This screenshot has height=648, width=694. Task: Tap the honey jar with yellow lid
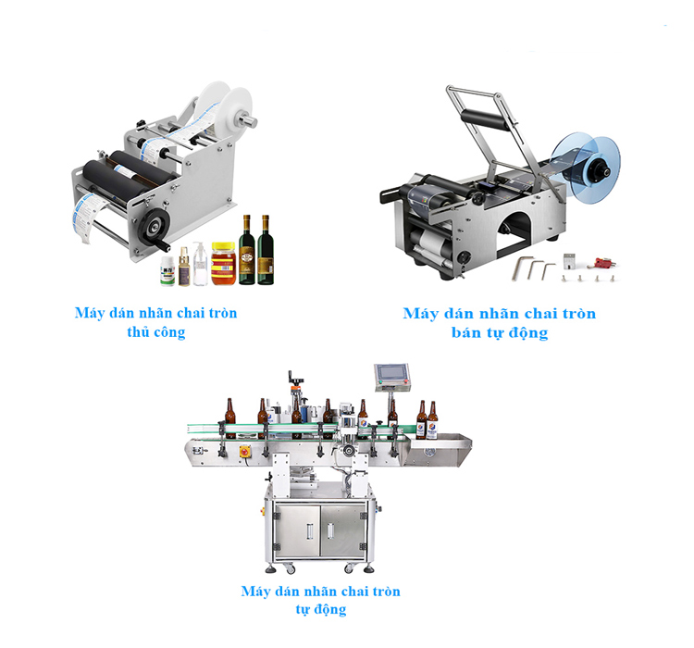pyautogui.click(x=223, y=263)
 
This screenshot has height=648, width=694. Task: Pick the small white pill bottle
pyautogui.click(x=167, y=270)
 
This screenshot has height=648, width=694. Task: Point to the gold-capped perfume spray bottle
pyautogui.click(x=184, y=267)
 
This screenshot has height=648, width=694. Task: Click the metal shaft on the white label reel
pyautogui.click(x=247, y=119)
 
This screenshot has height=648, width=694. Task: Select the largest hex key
pyautogui.click(x=521, y=268)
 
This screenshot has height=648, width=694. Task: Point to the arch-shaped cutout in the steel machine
pyautogui.click(x=514, y=234)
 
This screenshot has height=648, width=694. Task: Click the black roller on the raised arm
pyautogui.click(x=485, y=119)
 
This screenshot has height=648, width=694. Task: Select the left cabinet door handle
pyautogui.click(x=309, y=531)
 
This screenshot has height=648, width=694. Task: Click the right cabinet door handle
pyautogui.click(x=330, y=531)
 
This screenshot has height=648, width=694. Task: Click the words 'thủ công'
pyautogui.click(x=155, y=332)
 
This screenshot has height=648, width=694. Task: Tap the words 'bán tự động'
pyautogui.click(x=500, y=332)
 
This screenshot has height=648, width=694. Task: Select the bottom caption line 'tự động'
pyautogui.click(x=321, y=609)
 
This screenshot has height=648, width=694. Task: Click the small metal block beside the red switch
pyautogui.click(x=569, y=261)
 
